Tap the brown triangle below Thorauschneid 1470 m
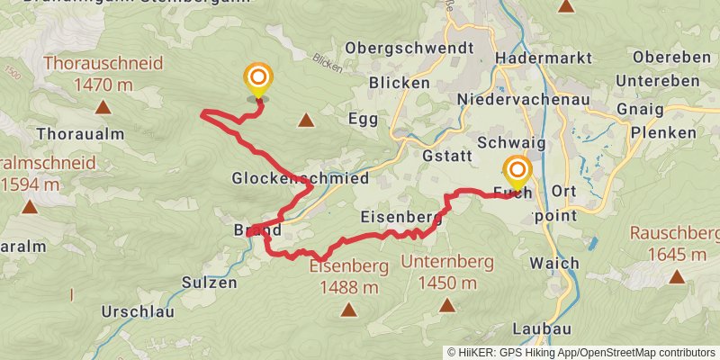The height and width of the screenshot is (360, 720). click(103, 108)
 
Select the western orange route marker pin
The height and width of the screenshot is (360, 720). click(258, 79)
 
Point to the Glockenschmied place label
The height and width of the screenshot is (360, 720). click(300, 178)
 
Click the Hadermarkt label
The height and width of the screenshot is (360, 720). click(544, 58)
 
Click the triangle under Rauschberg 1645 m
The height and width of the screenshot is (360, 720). click(676, 277)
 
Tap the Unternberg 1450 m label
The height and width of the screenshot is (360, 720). click(447, 273)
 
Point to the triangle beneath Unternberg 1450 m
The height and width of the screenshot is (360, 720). click(446, 306)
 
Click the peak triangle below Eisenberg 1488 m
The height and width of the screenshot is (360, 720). click(348, 310)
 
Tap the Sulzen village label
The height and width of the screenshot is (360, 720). click(209, 282)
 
